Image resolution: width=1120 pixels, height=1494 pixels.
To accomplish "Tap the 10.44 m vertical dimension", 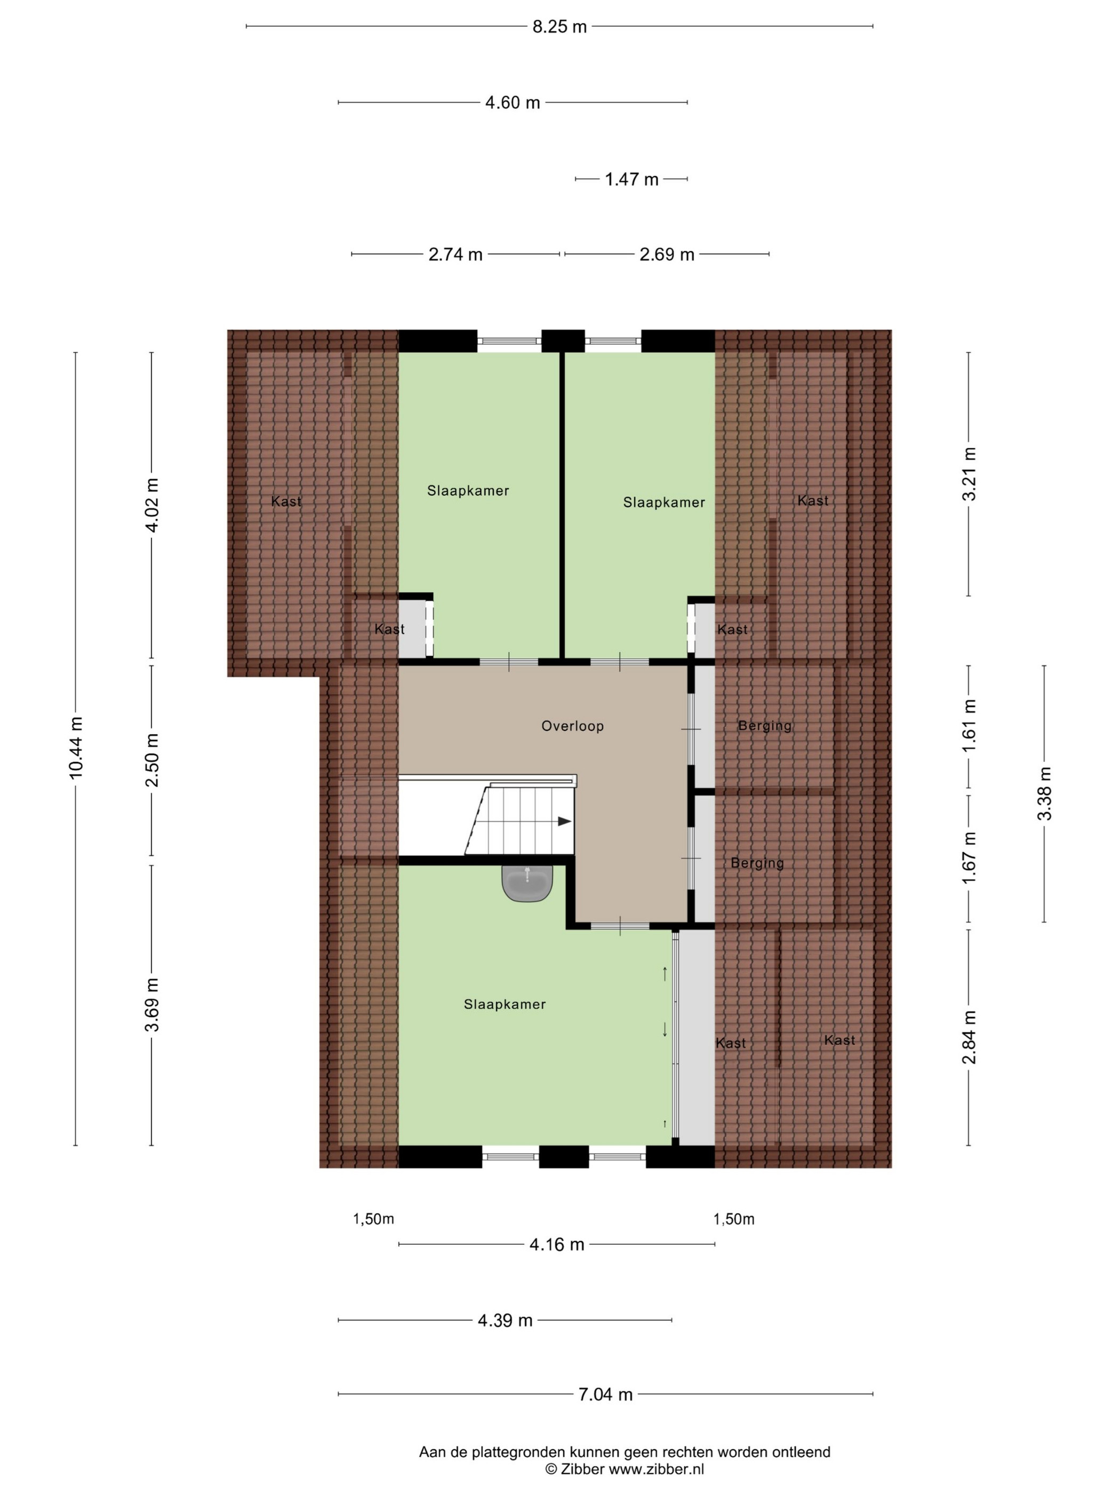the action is (x=76, y=747).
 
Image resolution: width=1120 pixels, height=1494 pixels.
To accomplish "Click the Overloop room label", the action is (x=572, y=726).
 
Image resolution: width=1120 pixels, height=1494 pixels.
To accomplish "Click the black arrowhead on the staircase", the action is (x=564, y=821).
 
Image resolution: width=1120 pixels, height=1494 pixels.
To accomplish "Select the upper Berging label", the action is (x=765, y=726).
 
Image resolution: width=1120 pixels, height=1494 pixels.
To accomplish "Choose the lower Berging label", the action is (x=757, y=863).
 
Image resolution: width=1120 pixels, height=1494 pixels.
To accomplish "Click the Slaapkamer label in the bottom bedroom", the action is (x=505, y=1004).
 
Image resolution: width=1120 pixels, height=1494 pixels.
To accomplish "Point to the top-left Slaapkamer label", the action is (x=468, y=491).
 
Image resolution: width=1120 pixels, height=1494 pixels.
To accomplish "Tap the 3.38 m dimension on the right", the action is (x=1044, y=793).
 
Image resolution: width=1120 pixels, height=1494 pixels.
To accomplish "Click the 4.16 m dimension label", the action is (x=557, y=1245).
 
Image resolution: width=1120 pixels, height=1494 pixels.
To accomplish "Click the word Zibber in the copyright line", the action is (x=582, y=1468).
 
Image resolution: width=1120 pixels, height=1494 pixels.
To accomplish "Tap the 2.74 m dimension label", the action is (x=455, y=255).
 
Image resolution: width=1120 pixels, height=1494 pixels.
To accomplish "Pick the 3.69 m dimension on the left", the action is (x=152, y=1005).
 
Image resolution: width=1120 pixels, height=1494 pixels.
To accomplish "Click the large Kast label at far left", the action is (x=286, y=501).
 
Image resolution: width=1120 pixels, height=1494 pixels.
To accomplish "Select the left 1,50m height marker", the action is (x=373, y=1219).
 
